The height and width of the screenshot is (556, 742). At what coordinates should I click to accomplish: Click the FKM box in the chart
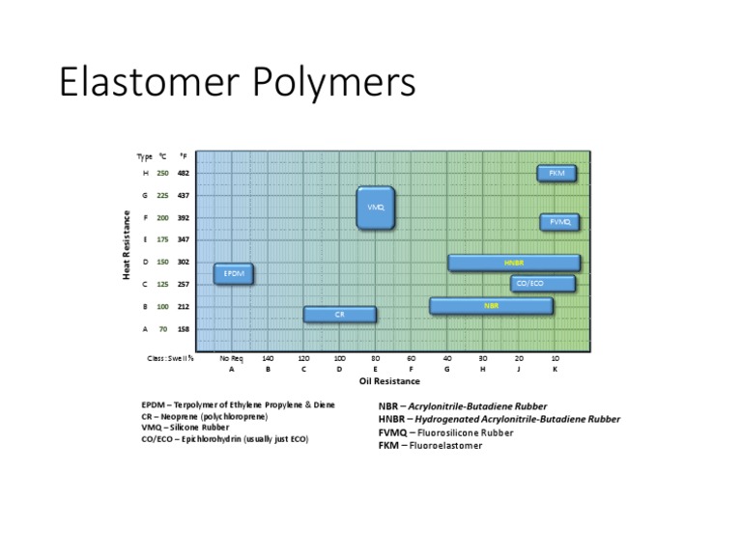click(556, 174)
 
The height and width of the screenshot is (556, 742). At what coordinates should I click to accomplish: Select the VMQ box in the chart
click(376, 208)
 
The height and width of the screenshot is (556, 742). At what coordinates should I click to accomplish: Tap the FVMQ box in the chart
click(559, 222)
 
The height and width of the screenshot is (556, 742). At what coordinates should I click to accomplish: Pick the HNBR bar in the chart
click(514, 263)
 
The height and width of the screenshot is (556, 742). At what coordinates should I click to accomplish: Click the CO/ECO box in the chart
click(542, 284)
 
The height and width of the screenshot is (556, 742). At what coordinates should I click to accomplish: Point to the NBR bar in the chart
click(491, 306)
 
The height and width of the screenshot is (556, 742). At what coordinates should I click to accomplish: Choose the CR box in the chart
click(340, 315)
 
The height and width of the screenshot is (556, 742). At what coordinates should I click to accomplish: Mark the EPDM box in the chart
click(233, 274)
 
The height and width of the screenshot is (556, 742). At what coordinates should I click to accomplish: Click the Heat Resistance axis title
click(127, 245)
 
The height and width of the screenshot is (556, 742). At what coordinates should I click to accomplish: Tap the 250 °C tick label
click(162, 174)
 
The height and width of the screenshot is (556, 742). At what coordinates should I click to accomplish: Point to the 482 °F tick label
click(183, 174)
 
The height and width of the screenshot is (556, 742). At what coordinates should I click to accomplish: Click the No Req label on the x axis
click(232, 357)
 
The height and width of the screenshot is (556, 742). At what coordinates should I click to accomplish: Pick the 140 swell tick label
click(268, 357)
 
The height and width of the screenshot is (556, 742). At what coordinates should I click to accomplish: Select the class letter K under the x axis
click(555, 368)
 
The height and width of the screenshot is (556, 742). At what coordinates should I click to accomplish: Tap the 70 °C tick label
click(162, 329)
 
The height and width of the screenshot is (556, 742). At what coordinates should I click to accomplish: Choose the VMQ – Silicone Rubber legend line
click(187, 427)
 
